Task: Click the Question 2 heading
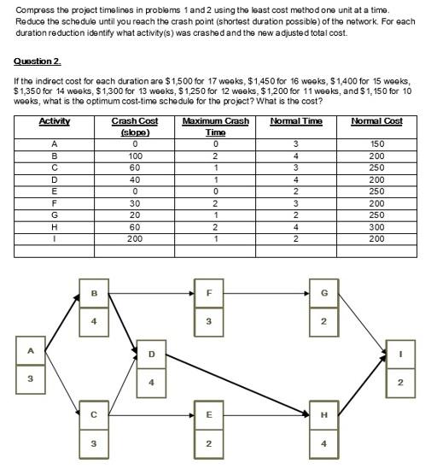click(x=37, y=62)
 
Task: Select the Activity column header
click(x=53, y=121)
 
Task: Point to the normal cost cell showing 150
click(x=379, y=144)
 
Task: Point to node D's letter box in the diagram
click(x=152, y=352)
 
